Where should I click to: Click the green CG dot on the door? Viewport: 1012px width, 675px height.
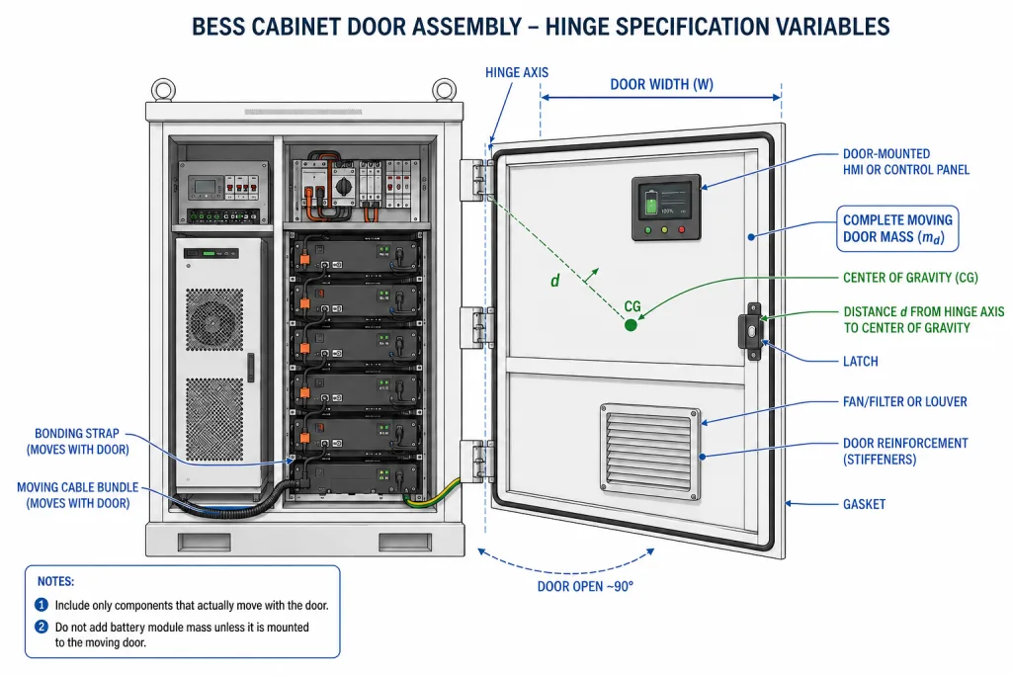tap(631, 324)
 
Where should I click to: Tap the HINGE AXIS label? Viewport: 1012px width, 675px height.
tap(517, 72)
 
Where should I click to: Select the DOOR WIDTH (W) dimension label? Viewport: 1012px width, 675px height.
tap(661, 84)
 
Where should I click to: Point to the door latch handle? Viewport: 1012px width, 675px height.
tap(751, 331)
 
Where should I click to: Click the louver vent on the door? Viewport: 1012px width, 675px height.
tap(650, 452)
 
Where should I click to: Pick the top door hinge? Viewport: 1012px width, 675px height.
tap(476, 181)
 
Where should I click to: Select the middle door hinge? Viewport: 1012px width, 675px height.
tap(476, 328)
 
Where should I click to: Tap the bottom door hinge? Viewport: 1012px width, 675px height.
tap(476, 461)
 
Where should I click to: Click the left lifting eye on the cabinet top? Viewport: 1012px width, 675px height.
tap(163, 89)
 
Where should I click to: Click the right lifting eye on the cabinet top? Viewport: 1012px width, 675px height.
tap(444, 89)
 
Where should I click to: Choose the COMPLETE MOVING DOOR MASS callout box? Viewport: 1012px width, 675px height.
tap(897, 229)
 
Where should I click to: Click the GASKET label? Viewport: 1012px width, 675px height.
tap(864, 504)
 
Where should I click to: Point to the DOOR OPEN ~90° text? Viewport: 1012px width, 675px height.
tap(585, 586)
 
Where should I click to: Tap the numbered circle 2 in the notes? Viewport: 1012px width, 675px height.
tap(42, 627)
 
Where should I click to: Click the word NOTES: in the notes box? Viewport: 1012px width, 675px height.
tap(55, 581)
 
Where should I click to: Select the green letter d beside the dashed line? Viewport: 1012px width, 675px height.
tap(555, 280)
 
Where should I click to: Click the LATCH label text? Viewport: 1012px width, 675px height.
tap(861, 362)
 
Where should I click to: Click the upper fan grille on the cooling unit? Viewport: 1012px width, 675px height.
tap(214, 320)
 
